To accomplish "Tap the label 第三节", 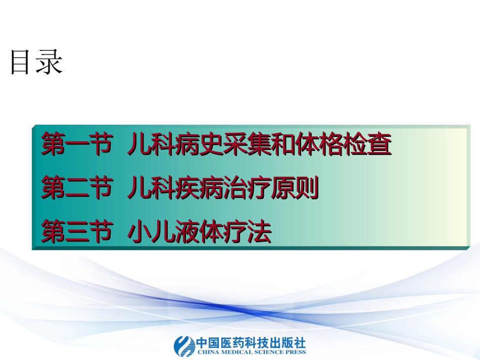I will [x=76, y=232].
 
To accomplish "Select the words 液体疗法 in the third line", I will [x=236, y=232].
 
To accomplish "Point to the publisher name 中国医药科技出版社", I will [x=251, y=341].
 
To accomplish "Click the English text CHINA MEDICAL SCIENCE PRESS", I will [x=251, y=351].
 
